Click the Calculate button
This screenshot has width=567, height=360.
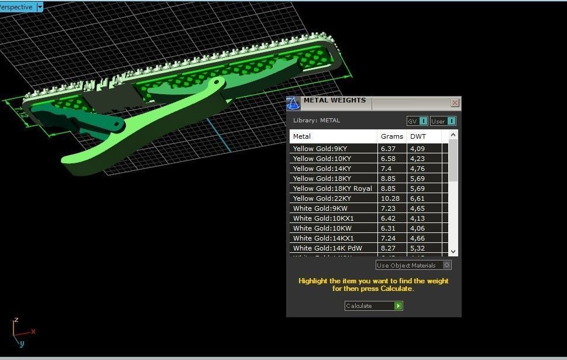click(x=373, y=306)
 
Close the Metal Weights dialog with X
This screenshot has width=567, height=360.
click(x=455, y=102)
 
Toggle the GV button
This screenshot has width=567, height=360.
click(x=417, y=121)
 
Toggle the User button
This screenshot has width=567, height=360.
click(x=443, y=121)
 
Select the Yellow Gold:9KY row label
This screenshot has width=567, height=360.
click(x=320, y=149)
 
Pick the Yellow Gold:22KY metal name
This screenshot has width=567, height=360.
click(x=321, y=198)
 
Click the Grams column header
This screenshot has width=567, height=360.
click(x=391, y=136)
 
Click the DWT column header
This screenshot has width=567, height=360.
click(x=418, y=136)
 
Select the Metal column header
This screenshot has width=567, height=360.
click(x=302, y=136)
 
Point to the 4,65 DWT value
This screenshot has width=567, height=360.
click(x=417, y=208)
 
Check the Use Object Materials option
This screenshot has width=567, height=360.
click(x=446, y=265)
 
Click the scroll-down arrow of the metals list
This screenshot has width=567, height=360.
click(x=453, y=251)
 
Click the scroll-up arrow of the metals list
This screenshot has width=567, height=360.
click(x=453, y=135)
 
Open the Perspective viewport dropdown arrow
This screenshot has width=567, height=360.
click(x=40, y=7)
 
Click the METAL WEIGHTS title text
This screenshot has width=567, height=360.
click(x=334, y=101)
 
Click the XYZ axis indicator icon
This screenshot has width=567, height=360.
click(x=20, y=333)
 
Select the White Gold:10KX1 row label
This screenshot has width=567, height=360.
click(x=323, y=218)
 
